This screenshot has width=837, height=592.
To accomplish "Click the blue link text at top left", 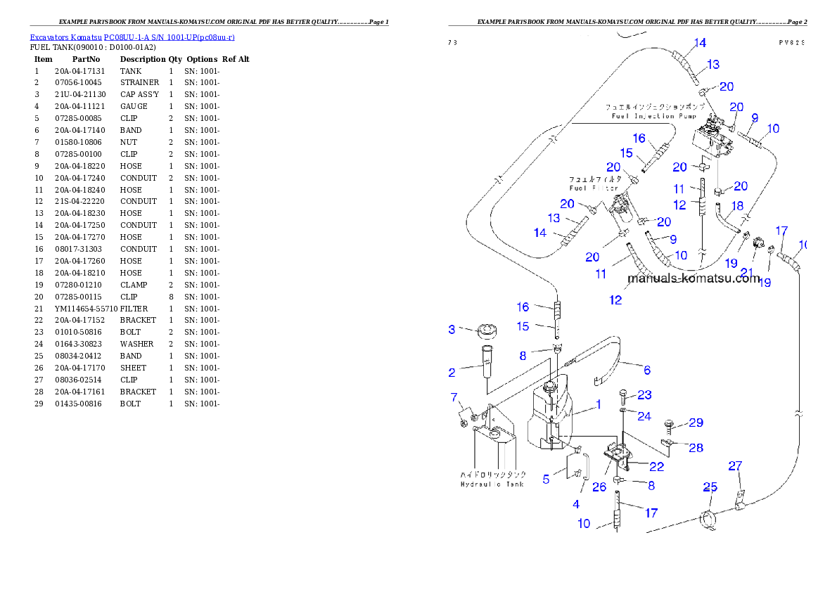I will [x=132, y=37].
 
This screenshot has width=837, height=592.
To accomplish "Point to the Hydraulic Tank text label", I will [x=493, y=484].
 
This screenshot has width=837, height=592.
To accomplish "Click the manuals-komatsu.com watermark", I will [x=693, y=278].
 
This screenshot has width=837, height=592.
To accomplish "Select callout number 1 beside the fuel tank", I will [x=598, y=404].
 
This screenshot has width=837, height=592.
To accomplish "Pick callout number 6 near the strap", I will [x=646, y=370].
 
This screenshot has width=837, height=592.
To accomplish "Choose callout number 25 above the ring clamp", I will [x=710, y=487].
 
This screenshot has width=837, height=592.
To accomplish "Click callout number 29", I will [x=696, y=423].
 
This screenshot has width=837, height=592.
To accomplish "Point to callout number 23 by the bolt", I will [x=644, y=394].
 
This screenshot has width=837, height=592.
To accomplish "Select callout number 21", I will [x=746, y=273].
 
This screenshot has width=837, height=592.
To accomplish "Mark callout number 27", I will [x=735, y=465].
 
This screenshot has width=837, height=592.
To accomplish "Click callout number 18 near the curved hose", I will [x=736, y=205].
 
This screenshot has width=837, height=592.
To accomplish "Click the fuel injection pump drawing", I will [x=714, y=139].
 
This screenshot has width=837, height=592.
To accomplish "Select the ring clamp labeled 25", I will [x=709, y=520].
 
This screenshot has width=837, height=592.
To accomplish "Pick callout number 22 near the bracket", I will [x=656, y=466].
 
